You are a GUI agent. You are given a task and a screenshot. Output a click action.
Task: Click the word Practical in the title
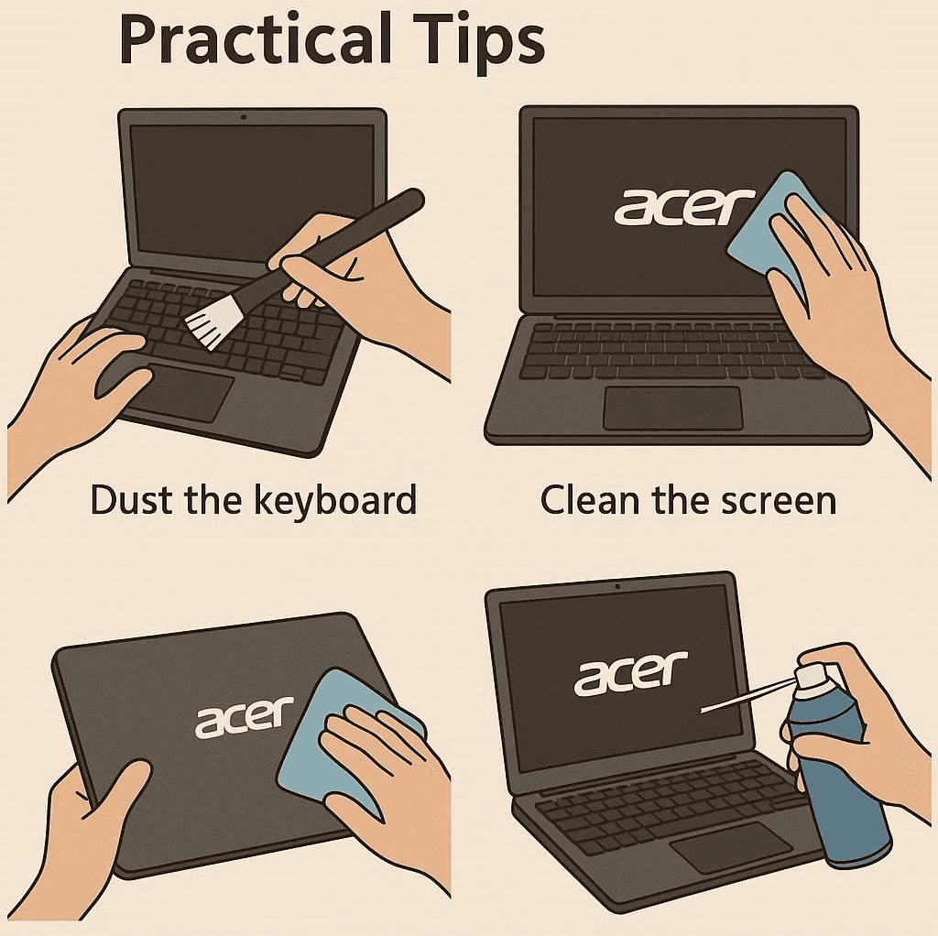tap(255, 38)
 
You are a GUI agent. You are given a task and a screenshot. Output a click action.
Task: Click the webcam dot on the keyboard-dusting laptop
tap(243, 117)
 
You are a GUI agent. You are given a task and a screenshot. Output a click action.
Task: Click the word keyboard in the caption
tap(335, 500)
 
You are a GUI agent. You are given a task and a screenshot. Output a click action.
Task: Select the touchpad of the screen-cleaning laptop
tap(673, 408)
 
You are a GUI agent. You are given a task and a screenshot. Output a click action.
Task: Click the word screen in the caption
tap(779, 500)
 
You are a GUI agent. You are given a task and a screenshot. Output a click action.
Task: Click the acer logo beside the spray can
tap(631, 673)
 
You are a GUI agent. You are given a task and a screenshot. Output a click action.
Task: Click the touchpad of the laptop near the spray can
tap(730, 847)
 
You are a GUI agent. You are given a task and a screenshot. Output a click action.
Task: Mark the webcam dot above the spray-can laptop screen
tap(617, 587)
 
